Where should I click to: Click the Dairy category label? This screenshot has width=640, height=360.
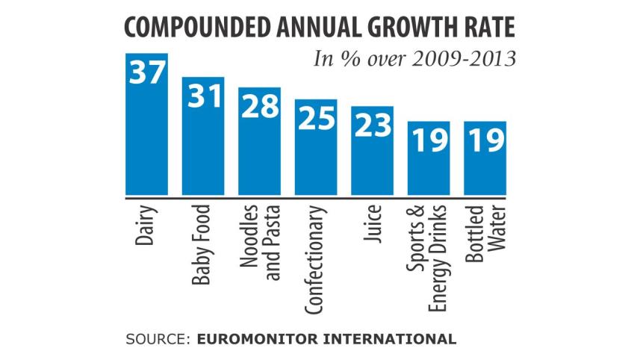(146, 226)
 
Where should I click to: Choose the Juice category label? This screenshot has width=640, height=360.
(372, 223)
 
